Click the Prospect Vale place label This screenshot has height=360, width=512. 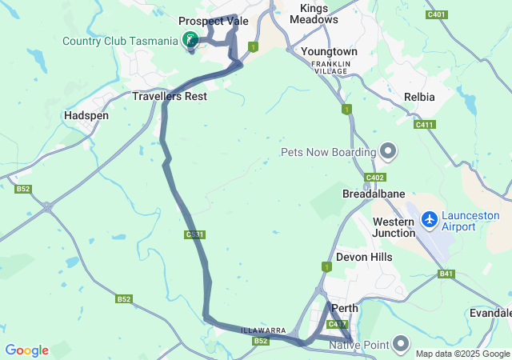tap(213, 21)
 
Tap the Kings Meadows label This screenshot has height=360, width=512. tap(314, 14)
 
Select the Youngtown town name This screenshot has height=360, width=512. tap(329, 51)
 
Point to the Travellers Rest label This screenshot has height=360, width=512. tap(169, 96)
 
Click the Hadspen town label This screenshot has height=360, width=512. tap(86, 115)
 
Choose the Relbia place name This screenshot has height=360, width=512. tap(420, 97)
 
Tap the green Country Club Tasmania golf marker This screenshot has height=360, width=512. tap(190, 39)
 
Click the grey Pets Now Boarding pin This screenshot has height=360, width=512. tap(388, 150)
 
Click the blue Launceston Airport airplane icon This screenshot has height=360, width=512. tap(430, 218)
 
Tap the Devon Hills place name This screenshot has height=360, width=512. tap(364, 257)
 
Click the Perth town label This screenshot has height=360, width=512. tap(345, 308)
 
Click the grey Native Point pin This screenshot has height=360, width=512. tap(401, 344)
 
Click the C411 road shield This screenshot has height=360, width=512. tap(424, 124)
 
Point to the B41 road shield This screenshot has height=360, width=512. tap(446, 274)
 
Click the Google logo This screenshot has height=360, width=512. tap(26, 350)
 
